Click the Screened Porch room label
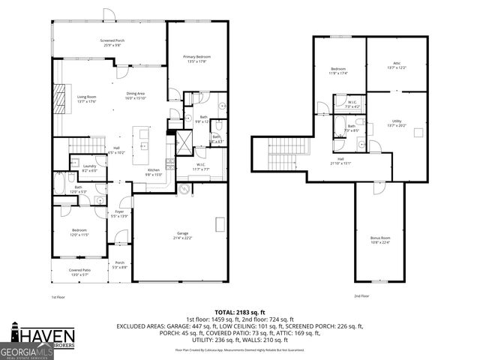(112, 41)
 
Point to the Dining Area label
(136, 94)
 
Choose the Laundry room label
(88, 168)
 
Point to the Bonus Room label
(380, 239)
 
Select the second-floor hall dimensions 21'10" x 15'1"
(340, 163)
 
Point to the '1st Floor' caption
(59, 297)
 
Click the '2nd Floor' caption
(361, 296)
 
